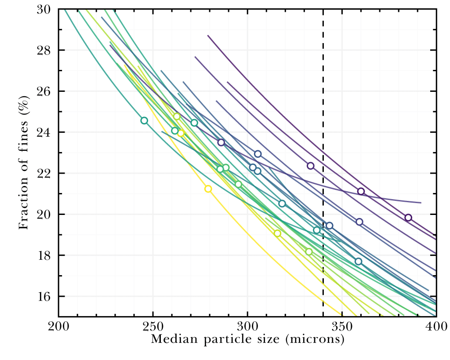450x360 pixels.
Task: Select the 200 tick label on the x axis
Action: pyautogui.click(x=58, y=327)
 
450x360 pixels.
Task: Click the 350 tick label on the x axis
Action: pyautogui.click(x=342, y=327)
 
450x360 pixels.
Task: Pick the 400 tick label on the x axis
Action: pyautogui.click(x=436, y=327)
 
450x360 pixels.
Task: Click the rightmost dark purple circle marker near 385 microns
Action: pyautogui.click(x=408, y=218)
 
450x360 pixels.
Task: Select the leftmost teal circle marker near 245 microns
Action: pyautogui.click(x=144, y=120)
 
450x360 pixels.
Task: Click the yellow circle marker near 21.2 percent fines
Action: pyautogui.click(x=208, y=189)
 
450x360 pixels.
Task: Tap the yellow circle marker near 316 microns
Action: pyautogui.click(x=277, y=233)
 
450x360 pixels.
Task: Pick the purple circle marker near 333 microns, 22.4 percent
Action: pyautogui.click(x=311, y=166)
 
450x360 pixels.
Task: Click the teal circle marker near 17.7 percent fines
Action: pyautogui.click(x=358, y=262)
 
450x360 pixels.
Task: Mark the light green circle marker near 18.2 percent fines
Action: pyautogui.click(x=309, y=252)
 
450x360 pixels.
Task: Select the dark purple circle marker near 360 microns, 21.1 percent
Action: pyautogui.click(x=361, y=191)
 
